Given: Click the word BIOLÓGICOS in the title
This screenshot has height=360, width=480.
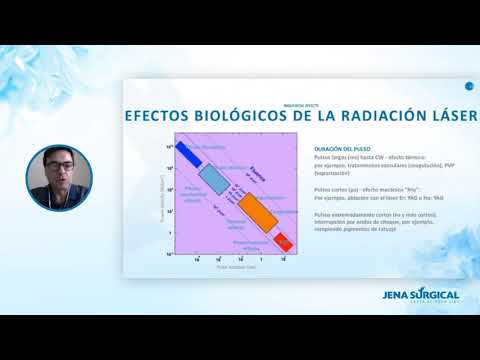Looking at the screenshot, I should [x=246, y=115].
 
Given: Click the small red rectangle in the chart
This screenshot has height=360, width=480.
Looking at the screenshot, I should [x=283, y=243].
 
